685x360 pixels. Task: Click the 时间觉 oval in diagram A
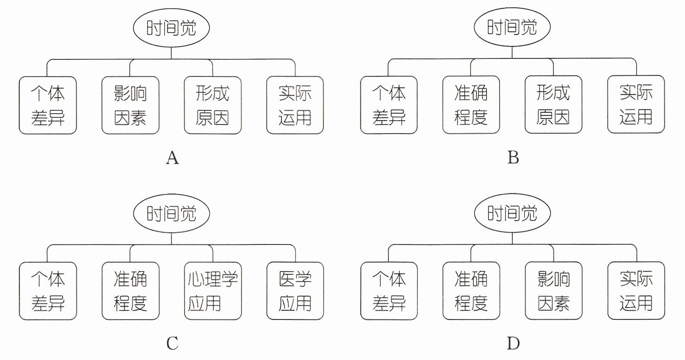click(171, 28)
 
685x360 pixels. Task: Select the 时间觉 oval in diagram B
click(512, 27)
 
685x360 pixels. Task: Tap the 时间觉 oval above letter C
click(172, 213)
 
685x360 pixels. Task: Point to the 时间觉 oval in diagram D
click(512, 213)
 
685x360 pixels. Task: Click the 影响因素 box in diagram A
click(130, 105)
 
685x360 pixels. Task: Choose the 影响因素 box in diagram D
click(553, 290)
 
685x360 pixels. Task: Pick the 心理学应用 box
click(213, 291)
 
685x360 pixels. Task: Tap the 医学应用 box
click(295, 291)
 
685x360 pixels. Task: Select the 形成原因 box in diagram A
click(213, 105)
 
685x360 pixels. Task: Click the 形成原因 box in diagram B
click(553, 105)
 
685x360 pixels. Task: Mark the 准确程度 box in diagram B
click(471, 105)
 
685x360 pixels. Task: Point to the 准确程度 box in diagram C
click(131, 291)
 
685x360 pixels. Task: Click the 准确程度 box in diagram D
click(471, 290)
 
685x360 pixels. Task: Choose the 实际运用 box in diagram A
click(295, 105)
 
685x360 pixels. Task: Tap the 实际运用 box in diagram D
click(636, 290)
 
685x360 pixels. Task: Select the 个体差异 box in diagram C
click(48, 291)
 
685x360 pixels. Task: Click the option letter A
click(172, 158)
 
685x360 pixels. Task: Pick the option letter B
click(513, 157)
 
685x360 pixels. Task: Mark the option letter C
click(172, 343)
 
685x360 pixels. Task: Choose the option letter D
click(513, 343)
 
